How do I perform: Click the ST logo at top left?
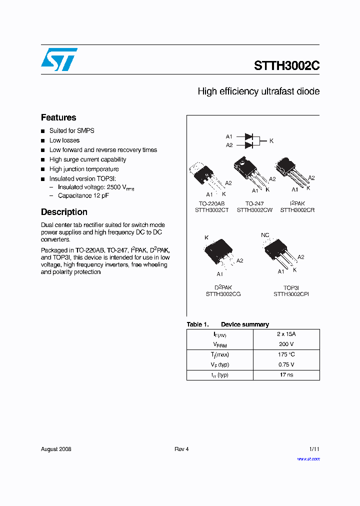tap(59, 59)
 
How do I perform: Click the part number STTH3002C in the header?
tap(286, 66)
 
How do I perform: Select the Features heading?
tap(58, 117)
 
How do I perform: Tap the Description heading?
tap(64, 212)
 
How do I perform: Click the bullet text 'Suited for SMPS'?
tap(71, 130)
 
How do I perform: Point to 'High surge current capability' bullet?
tap(87, 159)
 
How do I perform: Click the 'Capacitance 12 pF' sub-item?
tap(83, 195)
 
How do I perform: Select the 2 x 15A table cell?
tap(286, 334)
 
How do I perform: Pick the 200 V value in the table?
tap(286, 344)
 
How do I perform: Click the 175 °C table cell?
tap(286, 354)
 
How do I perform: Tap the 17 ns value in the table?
tap(286, 374)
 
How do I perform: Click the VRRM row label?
tap(220, 344)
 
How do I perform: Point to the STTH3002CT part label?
tap(211, 210)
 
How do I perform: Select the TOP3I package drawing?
tap(280, 252)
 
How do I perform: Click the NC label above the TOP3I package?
tap(265, 235)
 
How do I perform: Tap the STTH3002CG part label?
tap(223, 294)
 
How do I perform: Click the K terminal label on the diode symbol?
tap(271, 141)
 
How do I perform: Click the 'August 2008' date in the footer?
tap(56, 449)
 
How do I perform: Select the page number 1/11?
tap(313, 449)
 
